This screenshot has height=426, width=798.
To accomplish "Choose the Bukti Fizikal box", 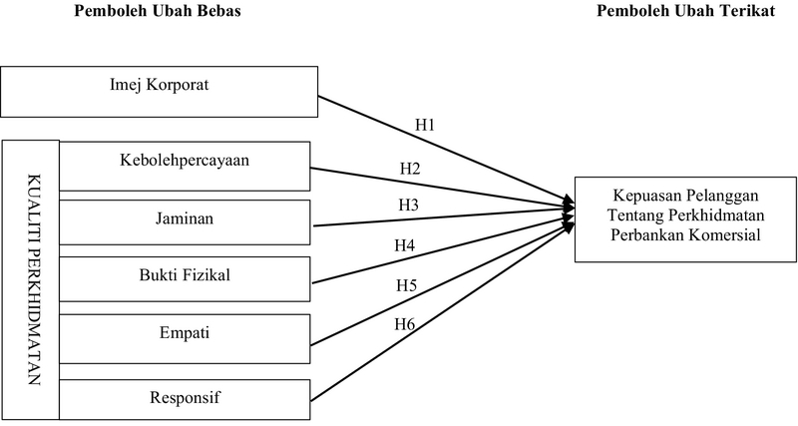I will click(x=186, y=274).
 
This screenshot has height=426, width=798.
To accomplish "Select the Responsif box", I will click(x=186, y=399).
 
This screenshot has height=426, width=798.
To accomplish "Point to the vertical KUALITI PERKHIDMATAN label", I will click(x=30, y=274).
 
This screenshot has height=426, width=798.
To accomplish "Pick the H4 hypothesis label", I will click(x=404, y=244).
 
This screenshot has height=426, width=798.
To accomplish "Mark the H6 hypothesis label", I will click(x=404, y=324).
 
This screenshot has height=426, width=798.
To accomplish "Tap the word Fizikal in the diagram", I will click(x=205, y=274).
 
